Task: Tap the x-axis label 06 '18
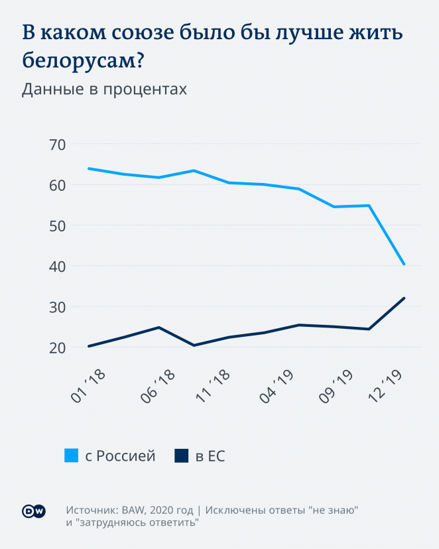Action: click(158, 386)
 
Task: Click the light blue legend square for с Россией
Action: click(71, 456)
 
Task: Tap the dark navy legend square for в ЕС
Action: click(180, 456)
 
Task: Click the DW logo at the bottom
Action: click(34, 511)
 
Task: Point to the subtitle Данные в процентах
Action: click(104, 90)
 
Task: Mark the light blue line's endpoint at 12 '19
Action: click(404, 265)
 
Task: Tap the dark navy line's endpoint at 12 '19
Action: click(404, 298)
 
